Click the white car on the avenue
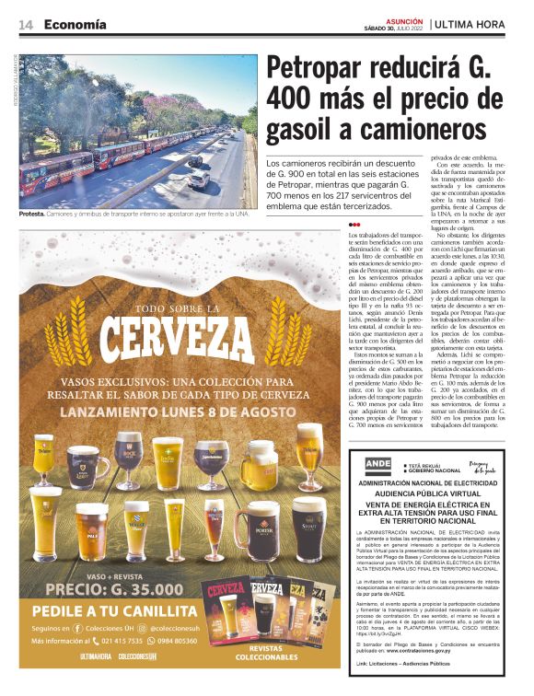199,180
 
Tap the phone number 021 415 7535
120,641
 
